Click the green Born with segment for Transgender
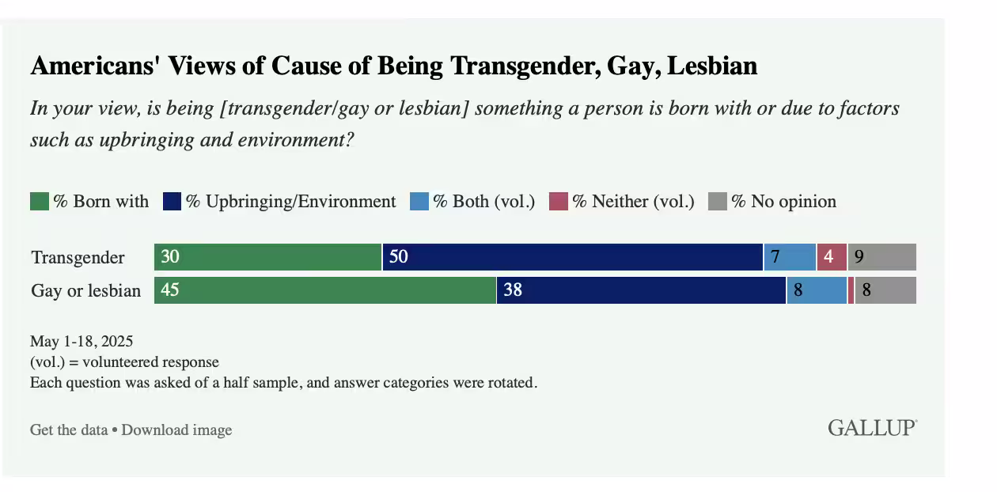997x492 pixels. coord(268,257)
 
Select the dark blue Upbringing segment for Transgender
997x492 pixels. coord(573,257)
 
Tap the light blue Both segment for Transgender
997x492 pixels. coord(790,257)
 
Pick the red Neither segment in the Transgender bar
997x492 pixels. coord(832,257)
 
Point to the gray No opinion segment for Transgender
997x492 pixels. coord(882,257)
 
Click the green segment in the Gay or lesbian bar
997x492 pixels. coord(325,290)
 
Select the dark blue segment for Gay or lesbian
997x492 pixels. coord(642,290)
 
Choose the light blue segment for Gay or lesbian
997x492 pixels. coord(817,290)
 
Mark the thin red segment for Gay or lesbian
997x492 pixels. coord(851,290)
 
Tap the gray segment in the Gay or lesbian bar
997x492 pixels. coord(885,290)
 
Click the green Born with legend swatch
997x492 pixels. coord(40,202)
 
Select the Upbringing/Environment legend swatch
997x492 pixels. coord(172,202)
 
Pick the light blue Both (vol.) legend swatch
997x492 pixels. coord(419,202)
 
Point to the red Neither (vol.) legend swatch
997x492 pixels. coord(559,202)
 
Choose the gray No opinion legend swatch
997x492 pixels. coord(717,202)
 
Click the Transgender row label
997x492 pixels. coord(78,258)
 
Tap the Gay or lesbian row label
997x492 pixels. coord(85,291)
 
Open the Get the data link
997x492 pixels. coord(68,430)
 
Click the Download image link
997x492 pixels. coord(176,430)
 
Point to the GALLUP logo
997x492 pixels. coord(872,429)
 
